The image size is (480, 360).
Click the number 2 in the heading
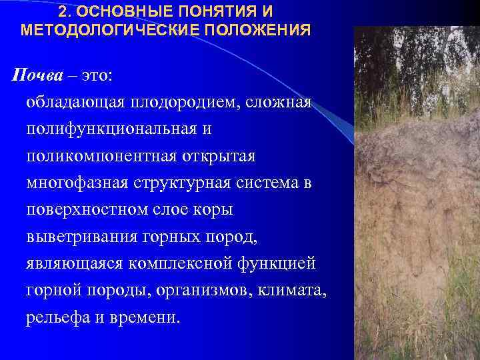click(62, 13)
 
